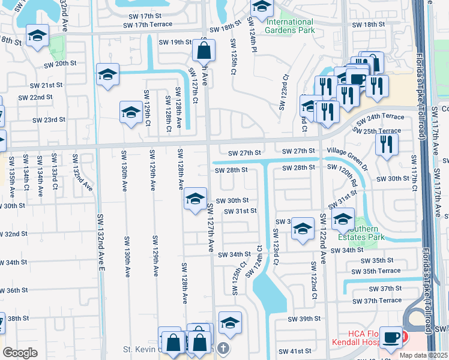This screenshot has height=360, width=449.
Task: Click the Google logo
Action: pyautogui.click(x=20, y=352)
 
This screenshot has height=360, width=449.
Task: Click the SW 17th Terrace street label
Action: pyautogui.click(x=147, y=25)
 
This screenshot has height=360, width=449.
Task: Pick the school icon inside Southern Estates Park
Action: pyautogui.click(x=342, y=218)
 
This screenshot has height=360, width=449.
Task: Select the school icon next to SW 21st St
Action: pyautogui.click(x=107, y=74)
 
